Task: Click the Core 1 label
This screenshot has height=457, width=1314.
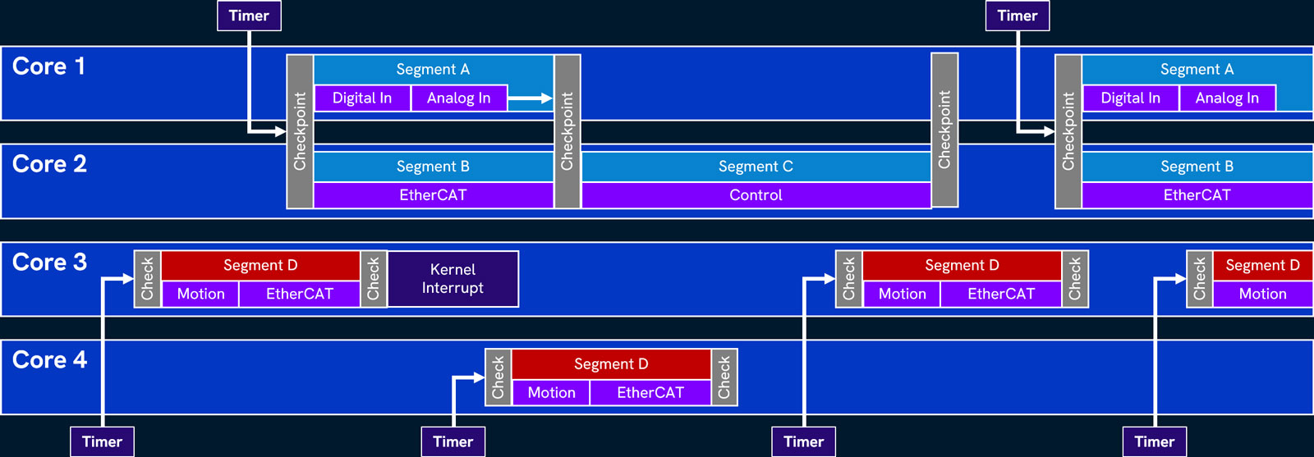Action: tap(48, 66)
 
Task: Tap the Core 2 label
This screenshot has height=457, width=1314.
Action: tap(49, 164)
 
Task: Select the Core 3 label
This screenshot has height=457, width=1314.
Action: tap(49, 263)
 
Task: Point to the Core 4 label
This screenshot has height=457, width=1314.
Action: tap(49, 360)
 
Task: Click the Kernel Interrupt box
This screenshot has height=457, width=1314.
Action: tap(453, 279)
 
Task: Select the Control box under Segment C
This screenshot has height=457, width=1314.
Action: tap(756, 195)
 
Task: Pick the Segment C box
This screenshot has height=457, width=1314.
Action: tap(756, 167)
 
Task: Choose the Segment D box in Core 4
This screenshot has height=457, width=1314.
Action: tap(611, 363)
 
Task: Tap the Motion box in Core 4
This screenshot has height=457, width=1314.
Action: tap(551, 393)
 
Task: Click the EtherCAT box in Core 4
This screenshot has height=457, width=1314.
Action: tap(650, 393)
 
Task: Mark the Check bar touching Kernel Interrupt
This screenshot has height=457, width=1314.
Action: tap(374, 279)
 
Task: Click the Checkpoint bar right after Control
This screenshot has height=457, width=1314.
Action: tap(944, 130)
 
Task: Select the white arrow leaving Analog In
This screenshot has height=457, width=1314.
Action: tap(530, 98)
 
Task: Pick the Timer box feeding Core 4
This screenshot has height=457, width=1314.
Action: tap(453, 441)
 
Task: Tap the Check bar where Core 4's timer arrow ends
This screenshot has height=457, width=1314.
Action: tap(498, 377)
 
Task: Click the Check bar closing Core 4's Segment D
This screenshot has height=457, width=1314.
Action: tap(724, 377)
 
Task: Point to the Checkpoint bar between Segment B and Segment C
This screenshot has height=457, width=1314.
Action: tap(567, 131)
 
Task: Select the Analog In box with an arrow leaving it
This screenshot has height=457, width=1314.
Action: tap(458, 98)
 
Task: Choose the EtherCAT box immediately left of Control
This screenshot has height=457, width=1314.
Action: tap(433, 195)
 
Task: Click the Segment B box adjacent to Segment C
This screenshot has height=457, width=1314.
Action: tap(433, 167)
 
